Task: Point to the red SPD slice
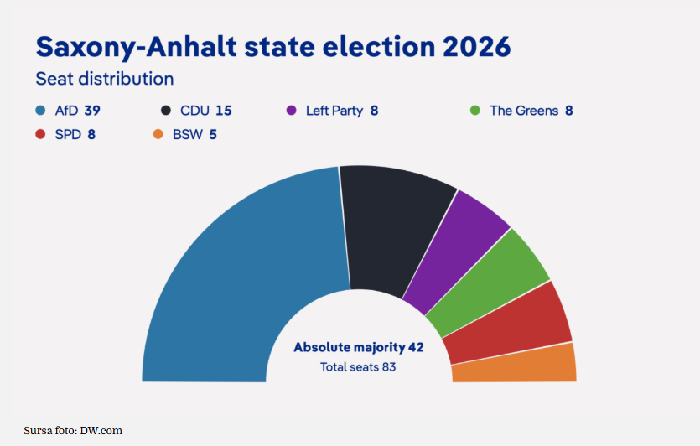pyautogui.click(x=509, y=324)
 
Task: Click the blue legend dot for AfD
pyautogui.click(x=40, y=111)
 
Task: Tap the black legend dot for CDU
pyautogui.click(x=166, y=111)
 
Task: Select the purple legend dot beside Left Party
pyautogui.click(x=292, y=111)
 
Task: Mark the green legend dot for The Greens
pyautogui.click(x=475, y=111)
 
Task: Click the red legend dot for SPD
pyautogui.click(x=40, y=134)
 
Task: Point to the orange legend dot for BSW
pyautogui.click(x=158, y=134)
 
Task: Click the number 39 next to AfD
pyautogui.click(x=92, y=111)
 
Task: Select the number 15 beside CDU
pyautogui.click(x=224, y=111)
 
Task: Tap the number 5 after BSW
pyautogui.click(x=213, y=134)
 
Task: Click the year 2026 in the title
pyautogui.click(x=477, y=46)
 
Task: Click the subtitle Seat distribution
pyautogui.click(x=105, y=79)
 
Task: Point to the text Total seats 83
pyautogui.click(x=358, y=367)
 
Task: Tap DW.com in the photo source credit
pyautogui.click(x=101, y=431)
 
